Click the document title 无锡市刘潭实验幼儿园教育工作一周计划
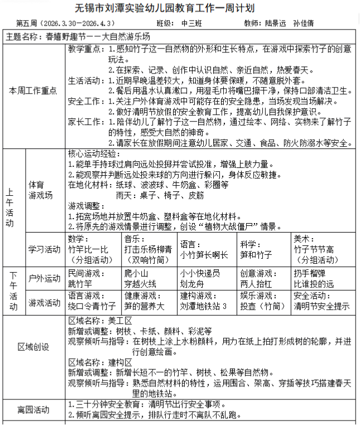(180, 8)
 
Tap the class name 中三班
(193, 24)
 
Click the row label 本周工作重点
(33, 91)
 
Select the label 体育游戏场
(41, 190)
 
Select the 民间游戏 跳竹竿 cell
(84, 278)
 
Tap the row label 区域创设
(33, 347)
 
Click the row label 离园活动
(33, 409)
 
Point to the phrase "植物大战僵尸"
(233, 226)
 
